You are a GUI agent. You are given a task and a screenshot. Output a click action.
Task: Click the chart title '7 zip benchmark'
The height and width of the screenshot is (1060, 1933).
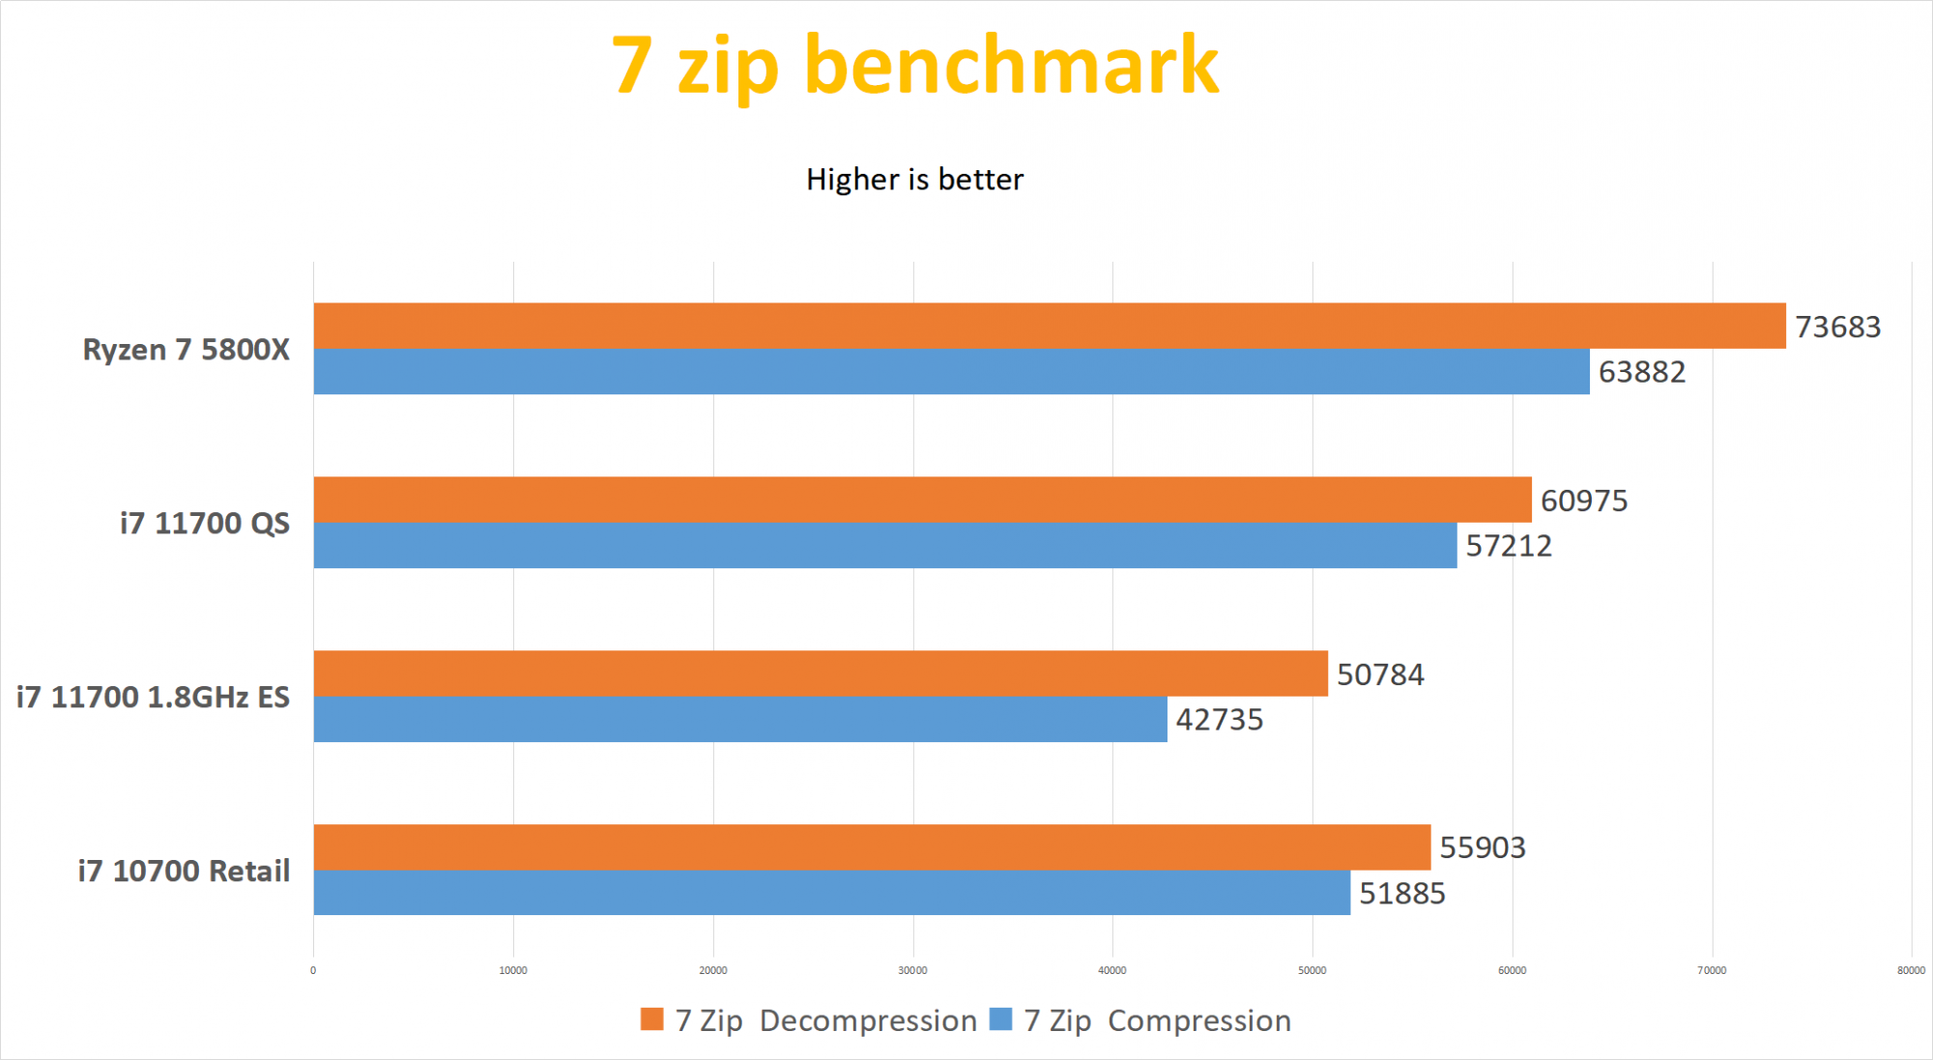click(x=914, y=66)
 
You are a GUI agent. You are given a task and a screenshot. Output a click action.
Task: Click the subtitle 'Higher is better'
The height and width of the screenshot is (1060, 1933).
click(x=914, y=180)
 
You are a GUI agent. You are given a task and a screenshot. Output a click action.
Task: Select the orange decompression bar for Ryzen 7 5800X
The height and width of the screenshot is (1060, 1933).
click(x=1049, y=326)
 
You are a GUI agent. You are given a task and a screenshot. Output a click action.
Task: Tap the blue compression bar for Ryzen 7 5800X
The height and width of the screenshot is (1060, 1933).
click(x=951, y=371)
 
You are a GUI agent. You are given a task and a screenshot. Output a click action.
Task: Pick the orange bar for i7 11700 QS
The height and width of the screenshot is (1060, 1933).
click(x=922, y=500)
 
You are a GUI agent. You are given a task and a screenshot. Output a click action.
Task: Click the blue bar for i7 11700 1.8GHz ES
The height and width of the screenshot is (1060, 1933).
click(x=740, y=719)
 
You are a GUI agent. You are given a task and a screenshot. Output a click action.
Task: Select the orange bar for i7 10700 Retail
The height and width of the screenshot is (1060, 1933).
click(x=872, y=846)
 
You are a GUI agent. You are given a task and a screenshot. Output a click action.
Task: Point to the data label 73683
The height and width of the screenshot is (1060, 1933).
click(x=1837, y=328)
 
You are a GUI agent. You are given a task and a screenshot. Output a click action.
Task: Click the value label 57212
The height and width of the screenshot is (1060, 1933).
click(x=1508, y=546)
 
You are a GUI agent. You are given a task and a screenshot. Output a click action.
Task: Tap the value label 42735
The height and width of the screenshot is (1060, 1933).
click(x=1219, y=720)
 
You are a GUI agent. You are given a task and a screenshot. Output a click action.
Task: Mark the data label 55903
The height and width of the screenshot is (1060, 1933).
click(x=1482, y=847)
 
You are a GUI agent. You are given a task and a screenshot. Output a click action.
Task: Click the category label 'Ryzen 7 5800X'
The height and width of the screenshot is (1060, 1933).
click(x=186, y=350)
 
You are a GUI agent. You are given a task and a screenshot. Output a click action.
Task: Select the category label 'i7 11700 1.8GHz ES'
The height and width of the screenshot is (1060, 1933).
click(x=153, y=698)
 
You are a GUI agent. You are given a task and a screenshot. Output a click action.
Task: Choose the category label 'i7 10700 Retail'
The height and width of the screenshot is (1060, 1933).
click(x=184, y=872)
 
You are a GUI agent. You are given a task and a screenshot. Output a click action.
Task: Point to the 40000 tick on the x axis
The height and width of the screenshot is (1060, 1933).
click(x=1111, y=970)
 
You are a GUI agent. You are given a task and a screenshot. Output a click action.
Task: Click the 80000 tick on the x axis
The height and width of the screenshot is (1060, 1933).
click(x=1911, y=970)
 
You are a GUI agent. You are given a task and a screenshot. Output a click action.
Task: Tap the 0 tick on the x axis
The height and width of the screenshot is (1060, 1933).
click(x=313, y=970)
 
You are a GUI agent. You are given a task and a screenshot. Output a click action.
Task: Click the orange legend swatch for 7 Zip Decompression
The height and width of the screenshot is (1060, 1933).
click(x=651, y=1019)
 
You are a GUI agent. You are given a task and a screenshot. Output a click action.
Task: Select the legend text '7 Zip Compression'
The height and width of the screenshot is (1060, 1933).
click(x=1157, y=1021)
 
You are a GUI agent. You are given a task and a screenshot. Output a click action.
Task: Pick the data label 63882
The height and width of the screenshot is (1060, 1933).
click(x=1641, y=372)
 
